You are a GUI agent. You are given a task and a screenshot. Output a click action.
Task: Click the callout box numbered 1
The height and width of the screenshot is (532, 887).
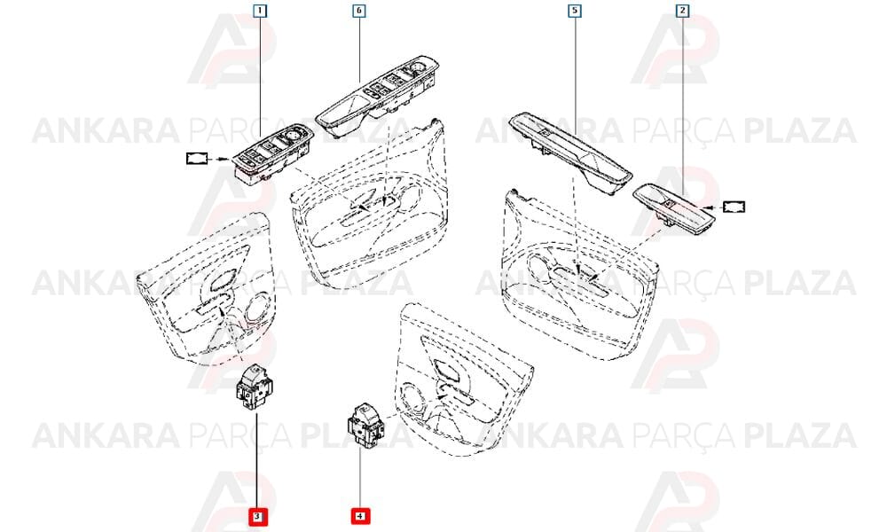tap(260, 11)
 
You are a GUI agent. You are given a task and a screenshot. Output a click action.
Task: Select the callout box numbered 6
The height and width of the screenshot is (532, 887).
tap(359, 11)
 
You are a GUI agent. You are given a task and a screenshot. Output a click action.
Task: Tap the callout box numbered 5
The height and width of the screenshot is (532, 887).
tap(575, 11)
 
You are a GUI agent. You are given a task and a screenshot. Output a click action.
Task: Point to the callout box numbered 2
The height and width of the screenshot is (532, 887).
tap(683, 11)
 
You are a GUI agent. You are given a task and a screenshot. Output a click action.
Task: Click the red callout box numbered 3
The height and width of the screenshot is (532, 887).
tap(257, 516)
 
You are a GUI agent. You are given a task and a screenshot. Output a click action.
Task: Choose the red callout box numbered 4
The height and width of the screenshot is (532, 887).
tap(360, 516)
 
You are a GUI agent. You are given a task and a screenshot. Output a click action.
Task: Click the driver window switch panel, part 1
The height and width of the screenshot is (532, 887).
tap(272, 153)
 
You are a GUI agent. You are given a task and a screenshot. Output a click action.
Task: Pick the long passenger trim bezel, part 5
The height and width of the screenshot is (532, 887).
tap(570, 153)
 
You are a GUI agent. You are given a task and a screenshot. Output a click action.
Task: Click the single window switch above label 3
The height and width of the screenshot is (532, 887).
tap(255, 387)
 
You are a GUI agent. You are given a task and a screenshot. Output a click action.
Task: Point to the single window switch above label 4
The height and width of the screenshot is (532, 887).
tap(365, 425)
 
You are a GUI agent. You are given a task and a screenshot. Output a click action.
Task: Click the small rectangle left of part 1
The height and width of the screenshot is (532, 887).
tap(197, 159)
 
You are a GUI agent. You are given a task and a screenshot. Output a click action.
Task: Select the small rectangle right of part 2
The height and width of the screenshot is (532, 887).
tap(734, 207)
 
